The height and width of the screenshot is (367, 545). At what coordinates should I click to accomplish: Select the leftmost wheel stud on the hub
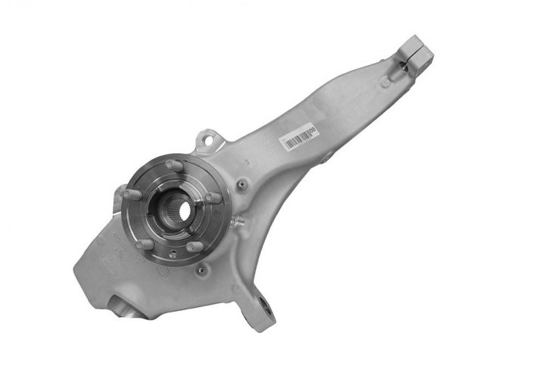click(128, 196)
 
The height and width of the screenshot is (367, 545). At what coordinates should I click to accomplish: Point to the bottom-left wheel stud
click(141, 244)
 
